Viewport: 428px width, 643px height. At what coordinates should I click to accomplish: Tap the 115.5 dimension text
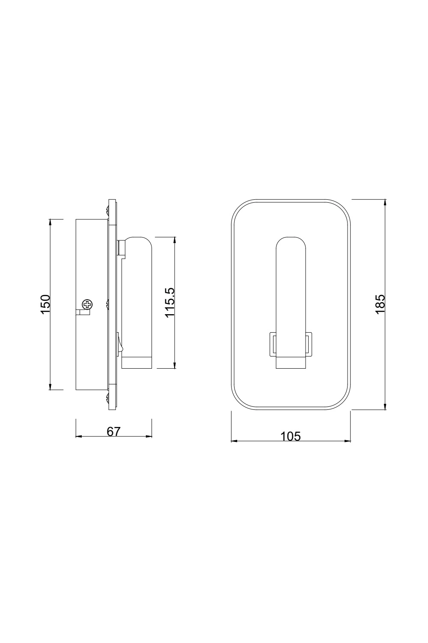coord(170,302)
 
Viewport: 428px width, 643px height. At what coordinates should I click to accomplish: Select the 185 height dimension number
coord(380,304)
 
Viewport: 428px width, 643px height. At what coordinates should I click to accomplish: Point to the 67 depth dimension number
coord(114,431)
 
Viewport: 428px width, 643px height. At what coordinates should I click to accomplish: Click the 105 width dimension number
coord(291,436)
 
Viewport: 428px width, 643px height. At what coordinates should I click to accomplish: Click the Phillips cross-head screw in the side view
coord(88,305)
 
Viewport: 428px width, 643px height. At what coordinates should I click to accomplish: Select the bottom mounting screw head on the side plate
coord(107,397)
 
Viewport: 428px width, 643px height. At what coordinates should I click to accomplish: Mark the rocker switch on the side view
coord(119,343)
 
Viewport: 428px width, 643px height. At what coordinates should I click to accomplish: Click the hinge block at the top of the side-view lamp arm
coord(121,247)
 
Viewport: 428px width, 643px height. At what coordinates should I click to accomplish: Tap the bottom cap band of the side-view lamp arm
coord(137,363)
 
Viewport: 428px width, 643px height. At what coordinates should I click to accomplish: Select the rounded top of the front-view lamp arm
coord(291,244)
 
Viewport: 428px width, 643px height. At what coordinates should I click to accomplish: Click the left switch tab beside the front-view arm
coord(272,344)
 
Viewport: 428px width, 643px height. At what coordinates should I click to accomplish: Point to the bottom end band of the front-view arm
coord(291,363)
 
